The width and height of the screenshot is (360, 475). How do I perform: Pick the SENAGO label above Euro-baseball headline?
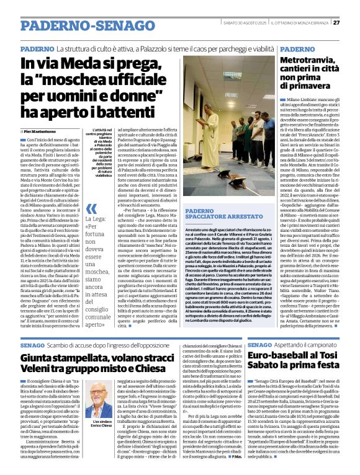[259, 344]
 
